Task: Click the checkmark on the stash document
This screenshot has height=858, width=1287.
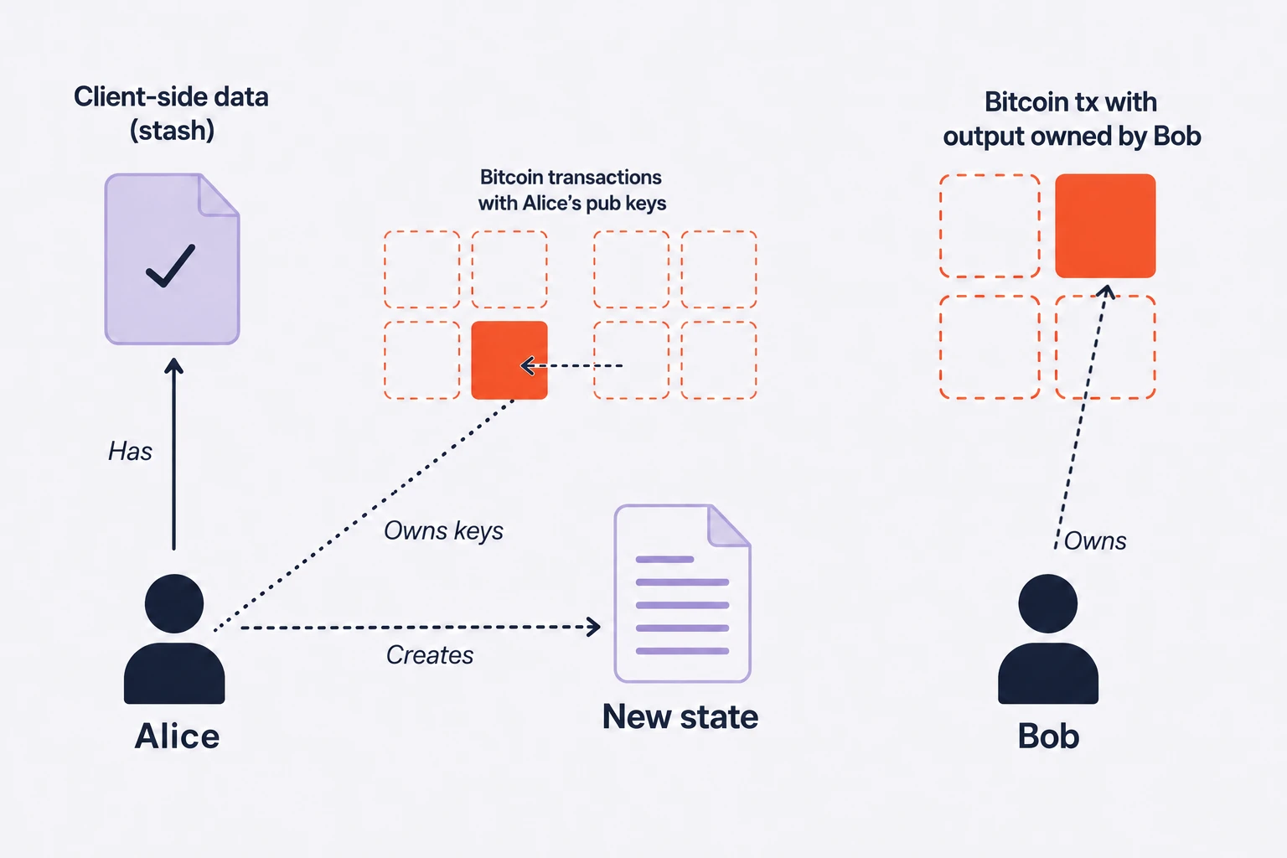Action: click(171, 266)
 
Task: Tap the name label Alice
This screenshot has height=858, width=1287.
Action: click(177, 737)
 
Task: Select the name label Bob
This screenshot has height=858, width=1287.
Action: click(1048, 737)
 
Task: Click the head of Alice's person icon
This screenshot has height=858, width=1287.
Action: click(174, 603)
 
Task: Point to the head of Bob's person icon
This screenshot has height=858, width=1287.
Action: click(1048, 603)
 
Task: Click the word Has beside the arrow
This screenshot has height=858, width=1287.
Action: click(131, 451)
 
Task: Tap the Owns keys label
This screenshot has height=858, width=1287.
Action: click(443, 531)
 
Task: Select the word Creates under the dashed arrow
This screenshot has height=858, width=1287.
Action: click(430, 655)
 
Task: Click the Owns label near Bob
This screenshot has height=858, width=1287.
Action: click(1095, 540)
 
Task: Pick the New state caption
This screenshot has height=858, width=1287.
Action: click(680, 716)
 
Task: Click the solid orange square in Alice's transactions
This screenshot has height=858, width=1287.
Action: click(509, 360)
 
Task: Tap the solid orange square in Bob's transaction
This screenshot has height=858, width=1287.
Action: click(1105, 226)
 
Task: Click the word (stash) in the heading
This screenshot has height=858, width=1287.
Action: click(172, 131)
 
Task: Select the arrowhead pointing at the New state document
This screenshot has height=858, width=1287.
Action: click(593, 627)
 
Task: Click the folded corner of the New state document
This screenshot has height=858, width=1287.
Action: click(728, 526)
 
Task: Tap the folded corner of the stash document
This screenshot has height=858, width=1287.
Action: click(219, 195)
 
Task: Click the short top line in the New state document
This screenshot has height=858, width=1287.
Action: click(664, 559)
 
